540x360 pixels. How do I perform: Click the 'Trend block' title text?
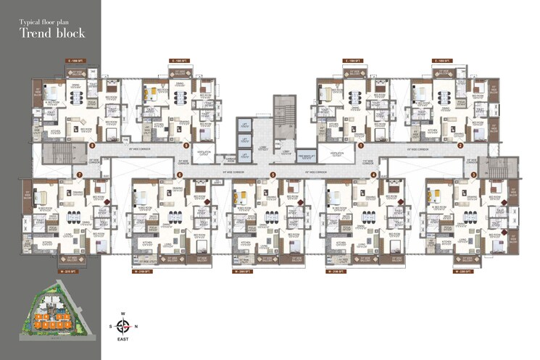point(52,33)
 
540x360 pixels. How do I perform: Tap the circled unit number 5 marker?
point(273,175)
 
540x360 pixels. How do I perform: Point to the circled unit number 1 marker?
point(360,145)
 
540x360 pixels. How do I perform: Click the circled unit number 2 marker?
point(460,145)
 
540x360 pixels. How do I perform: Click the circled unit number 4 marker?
point(373,175)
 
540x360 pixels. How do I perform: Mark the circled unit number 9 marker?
point(187,145)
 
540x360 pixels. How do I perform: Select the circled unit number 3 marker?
point(473,175)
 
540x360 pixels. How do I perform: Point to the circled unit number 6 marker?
point(180,175)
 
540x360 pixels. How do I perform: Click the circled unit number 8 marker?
point(91,145)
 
